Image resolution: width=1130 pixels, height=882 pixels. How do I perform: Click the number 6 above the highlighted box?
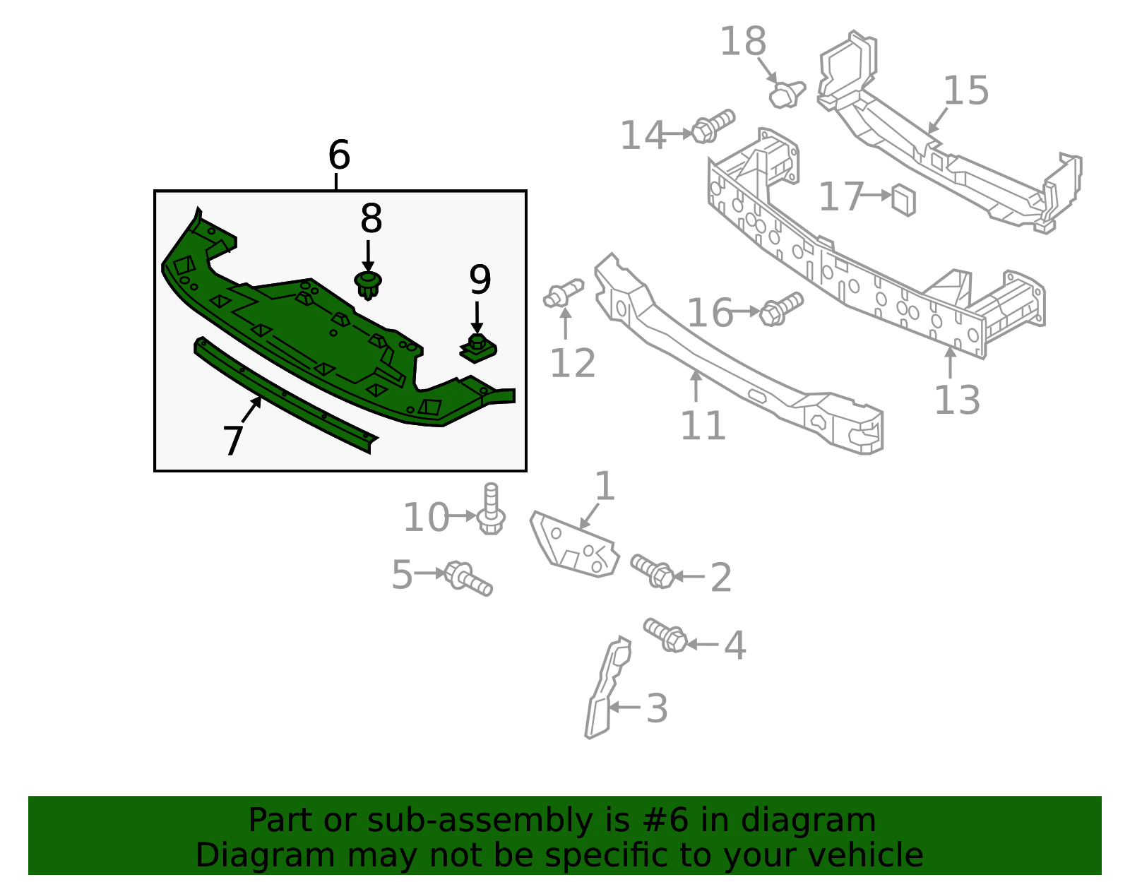339,155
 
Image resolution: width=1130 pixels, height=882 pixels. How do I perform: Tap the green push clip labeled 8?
368,284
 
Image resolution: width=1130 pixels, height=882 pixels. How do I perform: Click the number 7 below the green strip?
233,441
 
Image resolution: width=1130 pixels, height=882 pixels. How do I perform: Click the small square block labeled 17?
903,199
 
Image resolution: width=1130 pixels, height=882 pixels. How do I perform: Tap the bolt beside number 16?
780,309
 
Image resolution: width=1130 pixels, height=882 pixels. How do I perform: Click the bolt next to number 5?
468,577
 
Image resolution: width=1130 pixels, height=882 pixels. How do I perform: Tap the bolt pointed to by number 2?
653,571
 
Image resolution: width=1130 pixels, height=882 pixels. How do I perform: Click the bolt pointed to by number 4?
665,634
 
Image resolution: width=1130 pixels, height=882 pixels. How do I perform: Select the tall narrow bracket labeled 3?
605,691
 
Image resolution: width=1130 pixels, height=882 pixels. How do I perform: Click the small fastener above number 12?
563,293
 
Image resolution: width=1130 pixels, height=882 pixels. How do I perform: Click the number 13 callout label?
957,400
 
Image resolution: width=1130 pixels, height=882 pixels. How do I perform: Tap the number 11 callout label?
703,426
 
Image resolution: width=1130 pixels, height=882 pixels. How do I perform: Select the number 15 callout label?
966,91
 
